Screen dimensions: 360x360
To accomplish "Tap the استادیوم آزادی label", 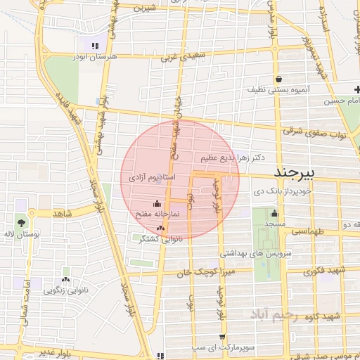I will pyautogui.click(x=150, y=179).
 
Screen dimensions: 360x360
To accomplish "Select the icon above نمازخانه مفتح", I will pyautogui.click(x=156, y=203).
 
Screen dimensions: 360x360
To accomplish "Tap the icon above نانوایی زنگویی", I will pyautogui.click(x=66, y=271).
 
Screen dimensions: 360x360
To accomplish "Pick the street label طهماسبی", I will pyautogui.click(x=311, y=230).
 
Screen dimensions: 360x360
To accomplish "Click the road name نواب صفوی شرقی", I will pyautogui.click(x=311, y=131).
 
